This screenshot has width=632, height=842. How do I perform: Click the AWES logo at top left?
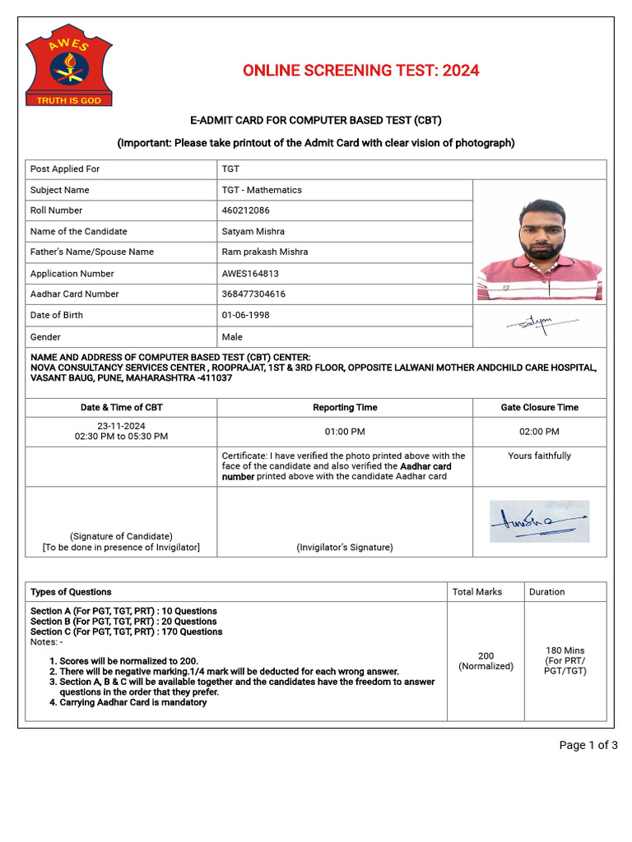[68, 67]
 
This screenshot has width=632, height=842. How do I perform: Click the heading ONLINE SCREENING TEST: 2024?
[360, 71]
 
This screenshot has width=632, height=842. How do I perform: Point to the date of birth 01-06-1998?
[245, 315]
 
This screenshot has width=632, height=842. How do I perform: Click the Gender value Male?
[232, 337]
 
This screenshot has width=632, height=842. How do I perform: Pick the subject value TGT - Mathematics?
[262, 190]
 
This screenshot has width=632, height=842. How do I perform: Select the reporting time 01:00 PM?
[345, 431]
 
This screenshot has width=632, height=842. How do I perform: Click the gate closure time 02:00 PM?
[539, 431]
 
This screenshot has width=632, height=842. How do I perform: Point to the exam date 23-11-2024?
[121, 426]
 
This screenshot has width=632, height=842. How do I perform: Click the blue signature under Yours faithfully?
[539, 521]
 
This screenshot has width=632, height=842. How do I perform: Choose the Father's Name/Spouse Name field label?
[92, 252]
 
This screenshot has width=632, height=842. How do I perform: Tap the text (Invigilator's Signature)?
[345, 548]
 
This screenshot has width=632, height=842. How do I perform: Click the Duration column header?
[547, 592]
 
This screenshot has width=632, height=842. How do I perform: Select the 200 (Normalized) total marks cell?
[486, 661]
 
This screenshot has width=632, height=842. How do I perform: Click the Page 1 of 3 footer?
[588, 746]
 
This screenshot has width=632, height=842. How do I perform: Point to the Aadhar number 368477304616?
[253, 294]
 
